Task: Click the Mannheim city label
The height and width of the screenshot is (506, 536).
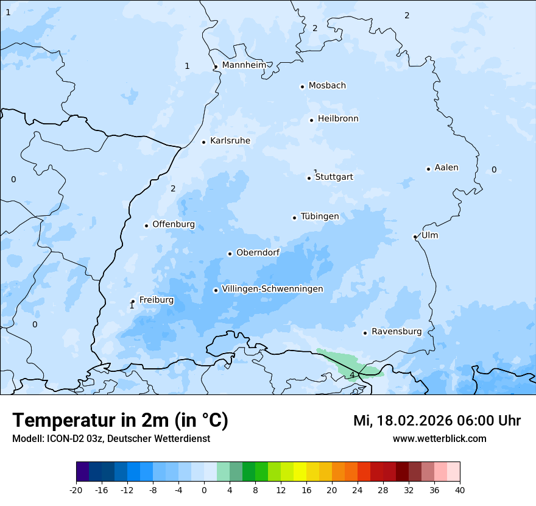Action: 244,65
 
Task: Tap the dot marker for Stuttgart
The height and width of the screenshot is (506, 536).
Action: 309,178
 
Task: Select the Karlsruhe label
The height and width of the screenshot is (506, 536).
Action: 230,141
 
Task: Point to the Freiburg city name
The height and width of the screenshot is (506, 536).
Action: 156,300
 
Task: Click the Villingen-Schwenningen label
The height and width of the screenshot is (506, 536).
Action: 272,289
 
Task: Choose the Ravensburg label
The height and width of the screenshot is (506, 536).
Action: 396,332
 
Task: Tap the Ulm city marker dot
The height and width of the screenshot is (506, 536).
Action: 415,237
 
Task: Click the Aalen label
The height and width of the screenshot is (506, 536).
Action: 446,168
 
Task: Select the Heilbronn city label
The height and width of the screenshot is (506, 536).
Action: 337,119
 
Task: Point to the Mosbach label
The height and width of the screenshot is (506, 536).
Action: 326,86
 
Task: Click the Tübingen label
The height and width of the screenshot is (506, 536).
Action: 319,216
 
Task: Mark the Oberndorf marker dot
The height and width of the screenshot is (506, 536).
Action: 230,254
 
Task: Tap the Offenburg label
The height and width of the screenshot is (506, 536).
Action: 173,224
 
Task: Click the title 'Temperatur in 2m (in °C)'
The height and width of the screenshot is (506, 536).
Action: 120,420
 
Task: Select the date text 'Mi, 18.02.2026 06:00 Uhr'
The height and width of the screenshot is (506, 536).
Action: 437,421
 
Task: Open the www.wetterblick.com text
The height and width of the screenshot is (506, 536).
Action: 439,438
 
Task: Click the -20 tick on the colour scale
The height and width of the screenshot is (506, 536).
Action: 76,490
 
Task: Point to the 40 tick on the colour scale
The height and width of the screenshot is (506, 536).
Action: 459,490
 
